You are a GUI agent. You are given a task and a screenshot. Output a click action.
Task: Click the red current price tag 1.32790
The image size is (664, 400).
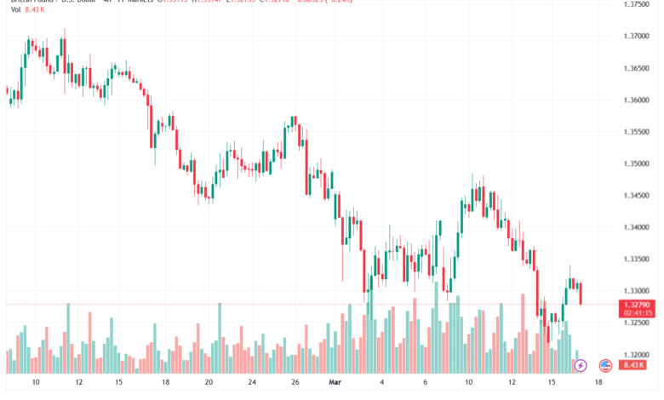(637, 304)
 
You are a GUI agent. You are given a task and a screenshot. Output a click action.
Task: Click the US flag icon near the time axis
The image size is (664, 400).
(606, 365)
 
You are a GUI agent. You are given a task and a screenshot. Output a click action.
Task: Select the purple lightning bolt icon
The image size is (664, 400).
(581, 365)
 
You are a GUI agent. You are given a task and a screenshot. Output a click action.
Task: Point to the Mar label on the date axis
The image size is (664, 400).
(335, 384)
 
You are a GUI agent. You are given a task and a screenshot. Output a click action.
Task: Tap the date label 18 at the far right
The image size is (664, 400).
(599, 384)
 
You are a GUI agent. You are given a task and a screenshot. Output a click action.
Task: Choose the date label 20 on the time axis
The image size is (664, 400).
(209, 384)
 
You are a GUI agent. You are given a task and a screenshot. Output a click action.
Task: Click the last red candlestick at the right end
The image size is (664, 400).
(581, 294)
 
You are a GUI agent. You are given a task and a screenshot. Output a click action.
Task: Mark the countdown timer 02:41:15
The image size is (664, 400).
(637, 312)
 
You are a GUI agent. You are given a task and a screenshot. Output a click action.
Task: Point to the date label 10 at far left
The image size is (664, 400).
(36, 384)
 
